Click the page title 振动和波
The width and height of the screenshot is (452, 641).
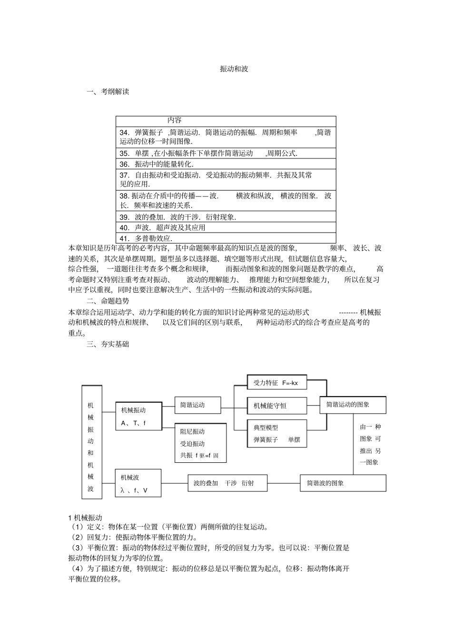click(234, 69)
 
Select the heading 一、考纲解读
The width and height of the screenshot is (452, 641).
click(108, 92)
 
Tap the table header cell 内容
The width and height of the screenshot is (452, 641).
click(174, 121)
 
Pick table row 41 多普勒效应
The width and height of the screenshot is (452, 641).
click(146, 238)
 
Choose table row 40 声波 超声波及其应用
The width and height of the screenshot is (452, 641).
click(163, 227)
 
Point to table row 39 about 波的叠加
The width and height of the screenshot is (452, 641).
click(178, 217)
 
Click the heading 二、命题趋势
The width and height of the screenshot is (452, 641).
click(108, 301)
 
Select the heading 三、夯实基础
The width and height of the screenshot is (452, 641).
click(108, 344)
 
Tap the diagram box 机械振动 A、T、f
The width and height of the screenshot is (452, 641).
click(138, 416)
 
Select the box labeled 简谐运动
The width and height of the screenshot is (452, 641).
click(197, 406)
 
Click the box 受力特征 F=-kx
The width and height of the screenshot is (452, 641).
click(277, 383)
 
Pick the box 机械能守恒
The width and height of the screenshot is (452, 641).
click(277, 406)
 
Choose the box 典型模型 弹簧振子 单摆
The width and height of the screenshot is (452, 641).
click(277, 434)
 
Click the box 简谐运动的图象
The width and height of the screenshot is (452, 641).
click(352, 405)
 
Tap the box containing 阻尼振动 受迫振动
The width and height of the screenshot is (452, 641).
click(200, 443)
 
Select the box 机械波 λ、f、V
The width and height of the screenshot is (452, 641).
click(138, 483)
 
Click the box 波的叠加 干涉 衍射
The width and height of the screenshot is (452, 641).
click(227, 483)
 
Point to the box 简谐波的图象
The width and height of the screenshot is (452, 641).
click(343, 483)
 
